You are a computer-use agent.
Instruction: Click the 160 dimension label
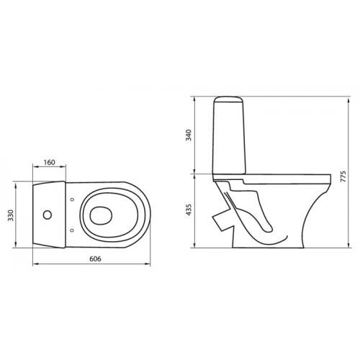[49, 163]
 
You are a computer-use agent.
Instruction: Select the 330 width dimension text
[11, 215]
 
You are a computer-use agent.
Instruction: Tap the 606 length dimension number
[95, 259]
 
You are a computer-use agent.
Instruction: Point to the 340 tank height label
[189, 135]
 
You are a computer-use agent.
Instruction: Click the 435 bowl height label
[189, 210]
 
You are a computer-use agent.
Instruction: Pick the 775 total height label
[343, 176]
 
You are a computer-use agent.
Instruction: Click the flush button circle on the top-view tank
[48, 215]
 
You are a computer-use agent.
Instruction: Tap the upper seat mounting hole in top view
[72, 199]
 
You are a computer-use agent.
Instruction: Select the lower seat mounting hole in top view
[71, 230]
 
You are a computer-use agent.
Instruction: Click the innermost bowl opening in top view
[101, 215]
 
